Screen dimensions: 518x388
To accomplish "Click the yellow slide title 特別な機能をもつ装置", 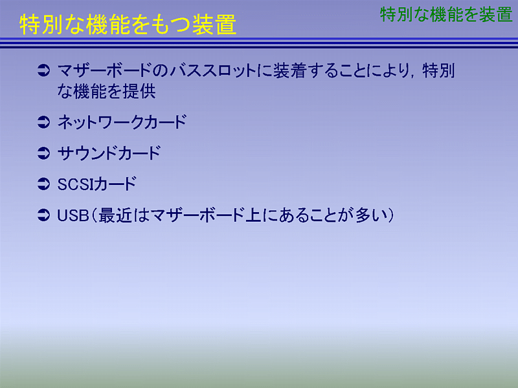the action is pos(128,25).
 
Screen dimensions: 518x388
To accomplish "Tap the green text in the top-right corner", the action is pos(446,15).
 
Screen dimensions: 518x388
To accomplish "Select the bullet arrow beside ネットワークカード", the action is pos(43,122).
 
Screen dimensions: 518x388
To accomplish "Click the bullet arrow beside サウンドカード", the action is pos(43,153).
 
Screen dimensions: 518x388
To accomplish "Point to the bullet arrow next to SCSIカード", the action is pos(43,184).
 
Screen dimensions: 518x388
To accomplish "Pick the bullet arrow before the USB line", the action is pos(43,215).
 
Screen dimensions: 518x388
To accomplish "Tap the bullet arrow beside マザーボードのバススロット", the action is pos(43,70).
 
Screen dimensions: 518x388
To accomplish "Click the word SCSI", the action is pos(76,184).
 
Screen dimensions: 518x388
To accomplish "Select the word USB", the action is pos(73,215).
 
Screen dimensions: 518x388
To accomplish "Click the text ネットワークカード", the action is pos(122,122).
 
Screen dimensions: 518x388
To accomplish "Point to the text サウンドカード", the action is pos(109,153).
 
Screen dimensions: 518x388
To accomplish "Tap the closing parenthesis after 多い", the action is pos(391,215).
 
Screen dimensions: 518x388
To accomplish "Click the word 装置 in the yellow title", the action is pos(215,25).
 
